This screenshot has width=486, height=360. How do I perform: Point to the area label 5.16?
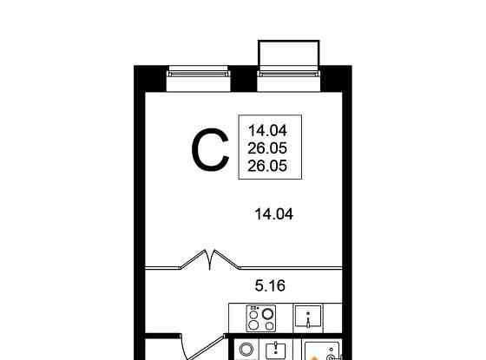270,283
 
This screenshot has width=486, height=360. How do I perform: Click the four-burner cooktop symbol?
262,318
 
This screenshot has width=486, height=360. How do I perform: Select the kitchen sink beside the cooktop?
308,317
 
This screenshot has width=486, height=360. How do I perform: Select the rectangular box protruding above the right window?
290,54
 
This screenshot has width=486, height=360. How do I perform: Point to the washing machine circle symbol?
246,350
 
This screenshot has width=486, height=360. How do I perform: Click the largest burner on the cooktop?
268,315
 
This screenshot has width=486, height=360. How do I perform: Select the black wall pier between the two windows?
244,78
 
